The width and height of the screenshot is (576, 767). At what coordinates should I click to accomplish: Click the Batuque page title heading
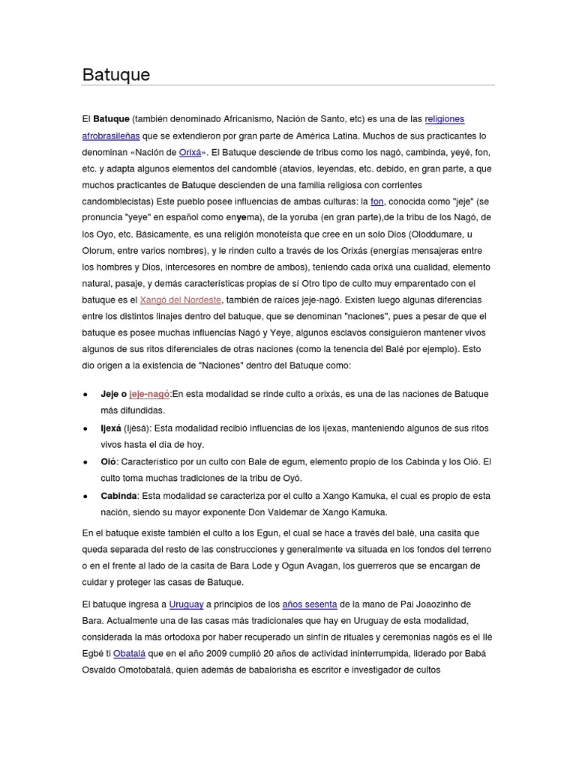(x=116, y=75)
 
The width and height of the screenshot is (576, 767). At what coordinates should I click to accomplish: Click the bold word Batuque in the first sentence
(x=111, y=119)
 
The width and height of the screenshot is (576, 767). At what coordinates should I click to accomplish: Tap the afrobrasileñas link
(x=110, y=136)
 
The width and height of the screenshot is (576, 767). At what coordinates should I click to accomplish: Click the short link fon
(x=376, y=201)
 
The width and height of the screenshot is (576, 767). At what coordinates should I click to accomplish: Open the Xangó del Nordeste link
(x=181, y=300)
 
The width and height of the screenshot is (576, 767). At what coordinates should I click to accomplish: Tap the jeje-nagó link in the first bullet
(x=150, y=394)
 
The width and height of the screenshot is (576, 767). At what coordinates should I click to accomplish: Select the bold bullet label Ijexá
(x=111, y=428)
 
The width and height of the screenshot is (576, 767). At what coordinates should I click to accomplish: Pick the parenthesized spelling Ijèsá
(x=138, y=428)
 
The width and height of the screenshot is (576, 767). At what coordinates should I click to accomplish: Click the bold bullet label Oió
(x=109, y=461)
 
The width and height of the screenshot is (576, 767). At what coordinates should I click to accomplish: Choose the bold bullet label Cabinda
(x=118, y=495)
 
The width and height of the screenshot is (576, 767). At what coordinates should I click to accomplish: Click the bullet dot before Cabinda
(x=85, y=496)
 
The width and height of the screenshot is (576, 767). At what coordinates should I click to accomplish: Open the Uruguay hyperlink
(x=186, y=604)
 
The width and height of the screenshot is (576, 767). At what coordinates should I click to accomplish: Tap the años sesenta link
(x=309, y=604)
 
